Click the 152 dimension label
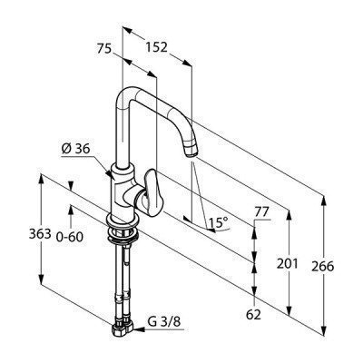pyautogui.click(x=156, y=47)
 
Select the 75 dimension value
pyautogui.click(x=104, y=48)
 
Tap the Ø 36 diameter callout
pyautogui.click(x=75, y=149)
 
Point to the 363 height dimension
pyautogui.click(x=40, y=234)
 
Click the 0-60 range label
pyautogui.click(x=69, y=237)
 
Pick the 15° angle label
pyautogui.click(x=219, y=223)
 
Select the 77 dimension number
pyautogui.click(x=261, y=212)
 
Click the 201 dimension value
pyautogui.click(x=288, y=264)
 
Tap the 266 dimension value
pyautogui.click(x=323, y=267)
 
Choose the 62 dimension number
pyautogui.click(x=253, y=315)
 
